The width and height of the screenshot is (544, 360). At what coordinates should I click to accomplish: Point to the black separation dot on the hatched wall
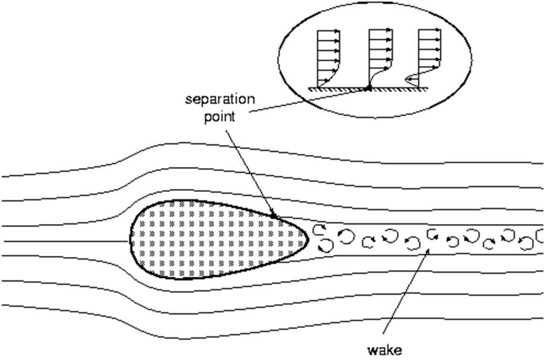click(x=368, y=88)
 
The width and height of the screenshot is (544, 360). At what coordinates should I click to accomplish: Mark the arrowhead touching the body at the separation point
click(x=273, y=215)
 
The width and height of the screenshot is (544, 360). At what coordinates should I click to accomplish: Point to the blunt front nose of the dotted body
click(x=131, y=241)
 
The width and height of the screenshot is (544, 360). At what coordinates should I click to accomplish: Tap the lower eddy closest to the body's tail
click(x=325, y=244)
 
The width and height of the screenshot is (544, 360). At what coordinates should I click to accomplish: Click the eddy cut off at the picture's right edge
click(x=540, y=236)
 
